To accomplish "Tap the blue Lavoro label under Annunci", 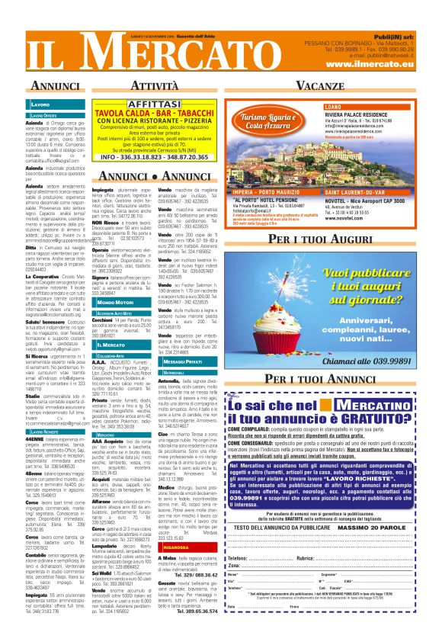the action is [x=40, y=103].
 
